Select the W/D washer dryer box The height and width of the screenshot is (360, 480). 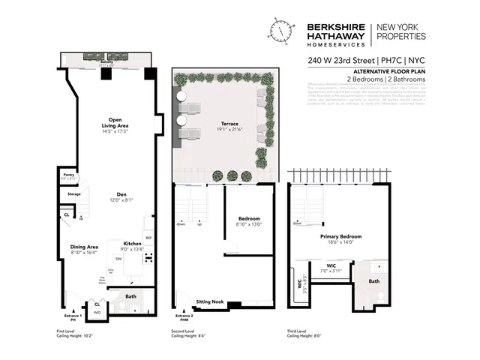tap(97, 312)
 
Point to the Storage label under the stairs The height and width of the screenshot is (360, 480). tap(73, 194)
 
